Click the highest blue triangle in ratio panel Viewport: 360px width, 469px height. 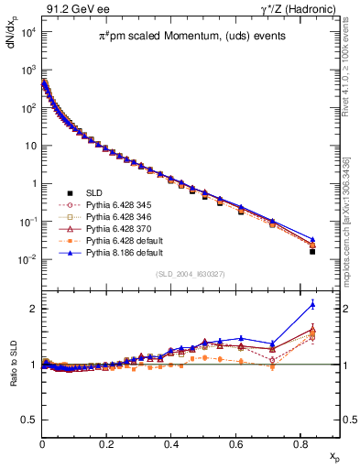[312, 304]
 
